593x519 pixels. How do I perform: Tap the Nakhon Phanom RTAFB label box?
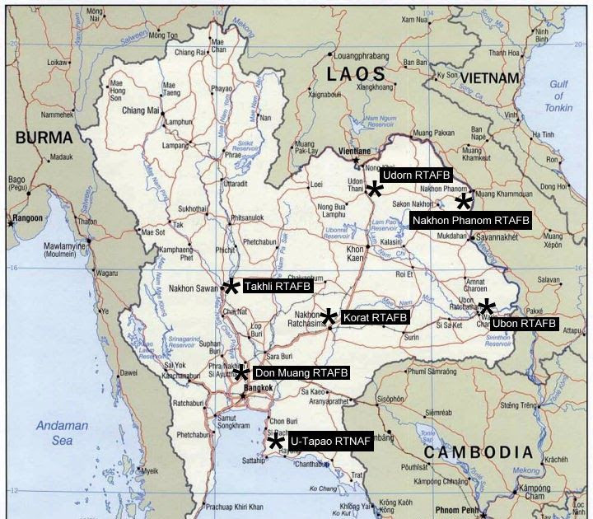pyautogui.click(x=470, y=221)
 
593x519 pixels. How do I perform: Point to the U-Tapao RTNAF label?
pyautogui.click(x=329, y=443)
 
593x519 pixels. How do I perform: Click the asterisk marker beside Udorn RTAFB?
pyautogui.click(x=374, y=189)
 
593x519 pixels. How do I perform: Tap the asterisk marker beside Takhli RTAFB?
pyautogui.click(x=231, y=286)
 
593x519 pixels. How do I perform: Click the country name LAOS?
pyautogui.click(x=355, y=74)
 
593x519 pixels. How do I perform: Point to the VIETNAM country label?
pyautogui.click(x=490, y=77)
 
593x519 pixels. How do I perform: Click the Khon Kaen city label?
pyautogui.click(x=355, y=253)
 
